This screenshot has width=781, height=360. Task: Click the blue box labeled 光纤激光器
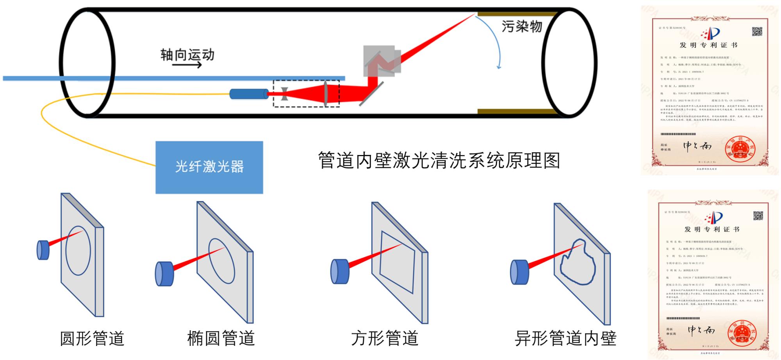pos(209,167)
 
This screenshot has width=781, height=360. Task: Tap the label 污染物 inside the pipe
pos(522,26)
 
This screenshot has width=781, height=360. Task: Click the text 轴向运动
pos(187,55)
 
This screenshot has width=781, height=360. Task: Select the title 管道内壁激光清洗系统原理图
pos(439,160)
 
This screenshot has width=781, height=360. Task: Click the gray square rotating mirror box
pos(382,61)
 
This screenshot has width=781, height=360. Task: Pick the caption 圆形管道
pos(92,338)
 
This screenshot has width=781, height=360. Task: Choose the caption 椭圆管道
pos(221,338)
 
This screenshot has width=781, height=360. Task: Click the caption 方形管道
pos(385,338)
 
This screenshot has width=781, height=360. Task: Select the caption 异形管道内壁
pos(565,338)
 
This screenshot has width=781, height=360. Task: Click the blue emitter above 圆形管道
pos(43,250)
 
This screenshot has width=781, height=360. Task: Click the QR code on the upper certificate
pos(757,32)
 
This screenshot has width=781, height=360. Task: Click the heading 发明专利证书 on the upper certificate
pos(708,45)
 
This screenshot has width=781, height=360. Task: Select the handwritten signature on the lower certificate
pos(701,331)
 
